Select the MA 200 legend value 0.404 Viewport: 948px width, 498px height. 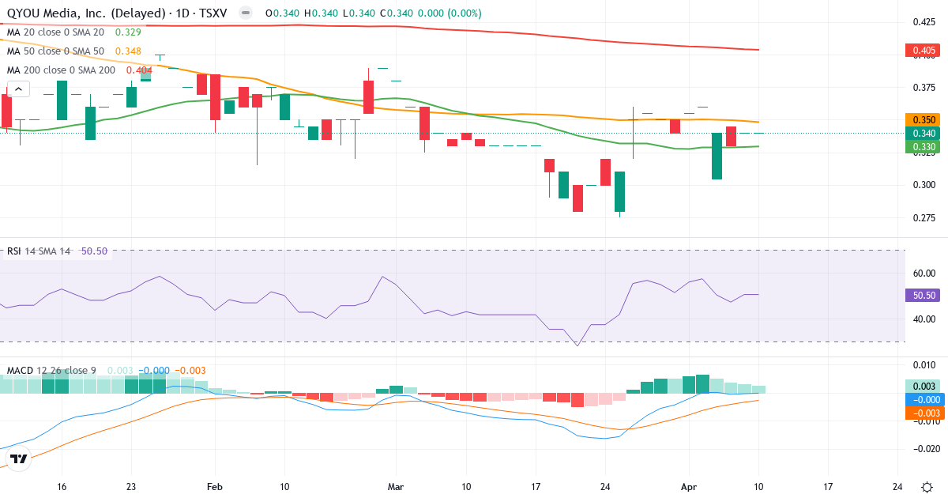point(139,70)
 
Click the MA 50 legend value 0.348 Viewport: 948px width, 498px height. point(128,51)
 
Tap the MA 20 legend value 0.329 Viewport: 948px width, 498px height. point(128,32)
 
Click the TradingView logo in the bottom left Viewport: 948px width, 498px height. point(19,458)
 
